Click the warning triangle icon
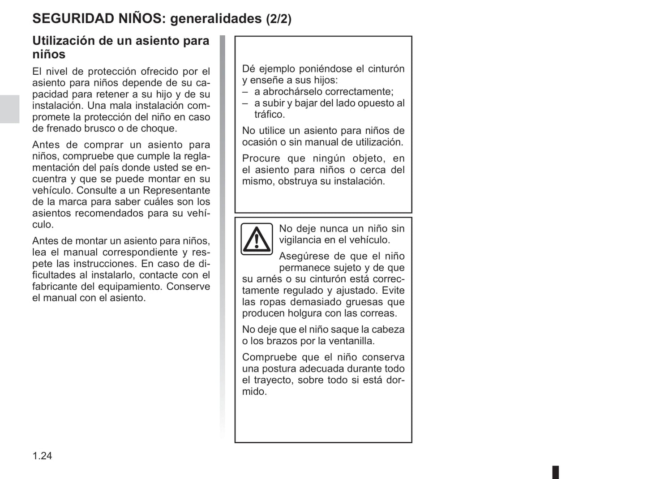coord(257,239)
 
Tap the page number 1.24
coord(42,456)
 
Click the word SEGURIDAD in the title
coord(73,18)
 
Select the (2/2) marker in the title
coord(279,19)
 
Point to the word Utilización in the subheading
coord(63,41)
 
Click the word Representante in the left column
coord(176,190)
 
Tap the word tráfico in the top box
coord(269,114)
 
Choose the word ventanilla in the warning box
coord(352,341)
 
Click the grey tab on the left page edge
coord(9,109)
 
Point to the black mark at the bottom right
coord(555,472)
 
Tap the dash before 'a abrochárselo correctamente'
coord(245,92)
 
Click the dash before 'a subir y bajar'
coord(245,103)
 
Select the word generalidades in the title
coord(216,19)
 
